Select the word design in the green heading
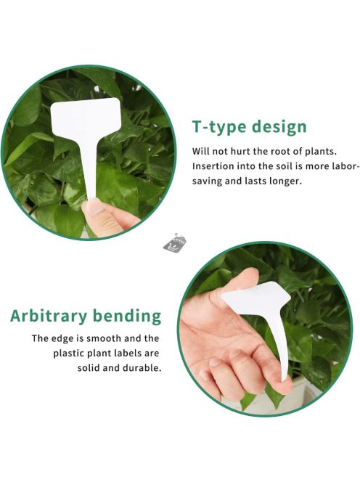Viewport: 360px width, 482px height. pos(279,126)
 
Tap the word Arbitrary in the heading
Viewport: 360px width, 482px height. pos(49,316)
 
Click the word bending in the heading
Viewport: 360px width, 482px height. pos(127,316)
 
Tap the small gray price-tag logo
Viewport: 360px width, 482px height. pos(175,243)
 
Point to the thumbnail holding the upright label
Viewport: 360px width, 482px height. pos(94,207)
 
